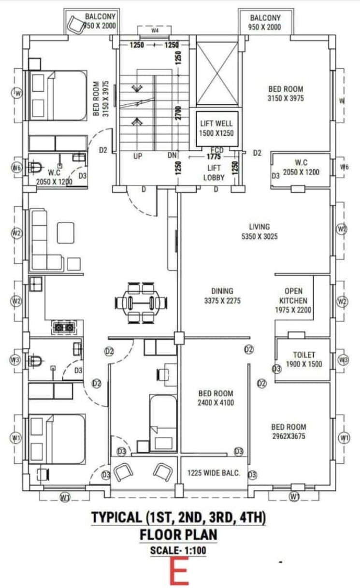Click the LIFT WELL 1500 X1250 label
216,128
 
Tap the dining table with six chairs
142,303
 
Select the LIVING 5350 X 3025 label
259,231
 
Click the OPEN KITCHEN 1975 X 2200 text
293,301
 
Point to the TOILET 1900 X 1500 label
304,359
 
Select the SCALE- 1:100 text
178,550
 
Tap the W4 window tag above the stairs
155,30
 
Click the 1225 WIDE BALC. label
214,473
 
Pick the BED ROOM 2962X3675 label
288,431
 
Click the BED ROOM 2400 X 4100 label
215,398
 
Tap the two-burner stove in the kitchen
65,328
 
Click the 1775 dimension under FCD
213,157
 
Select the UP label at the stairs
138,156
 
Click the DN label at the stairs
173,156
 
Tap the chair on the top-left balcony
76,24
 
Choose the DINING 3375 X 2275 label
222,296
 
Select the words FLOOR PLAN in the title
178,535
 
